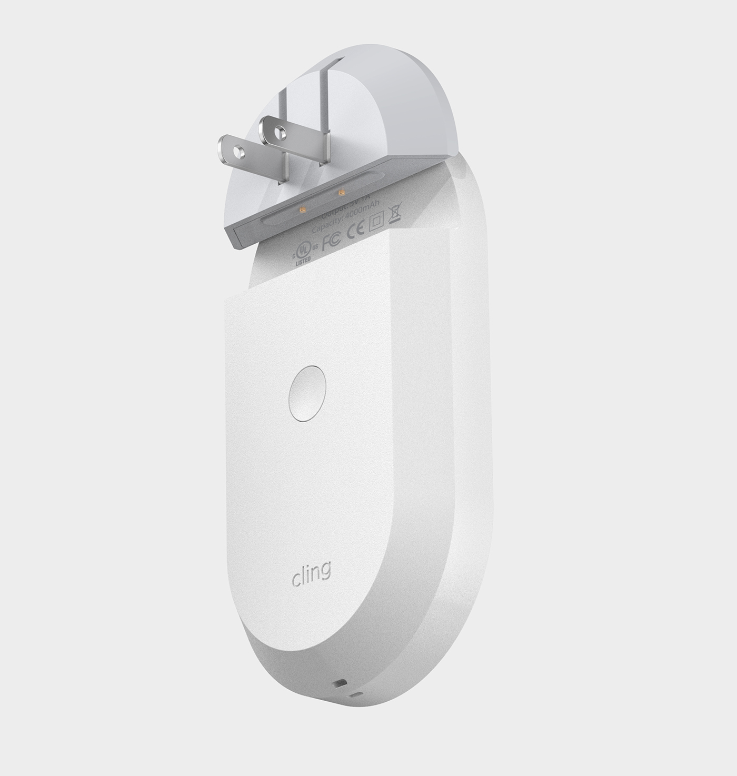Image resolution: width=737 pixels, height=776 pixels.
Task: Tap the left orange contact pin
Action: click(302, 210)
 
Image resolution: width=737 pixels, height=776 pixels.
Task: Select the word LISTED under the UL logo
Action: click(304, 260)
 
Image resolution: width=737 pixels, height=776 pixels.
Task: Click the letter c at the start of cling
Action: click(296, 577)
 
